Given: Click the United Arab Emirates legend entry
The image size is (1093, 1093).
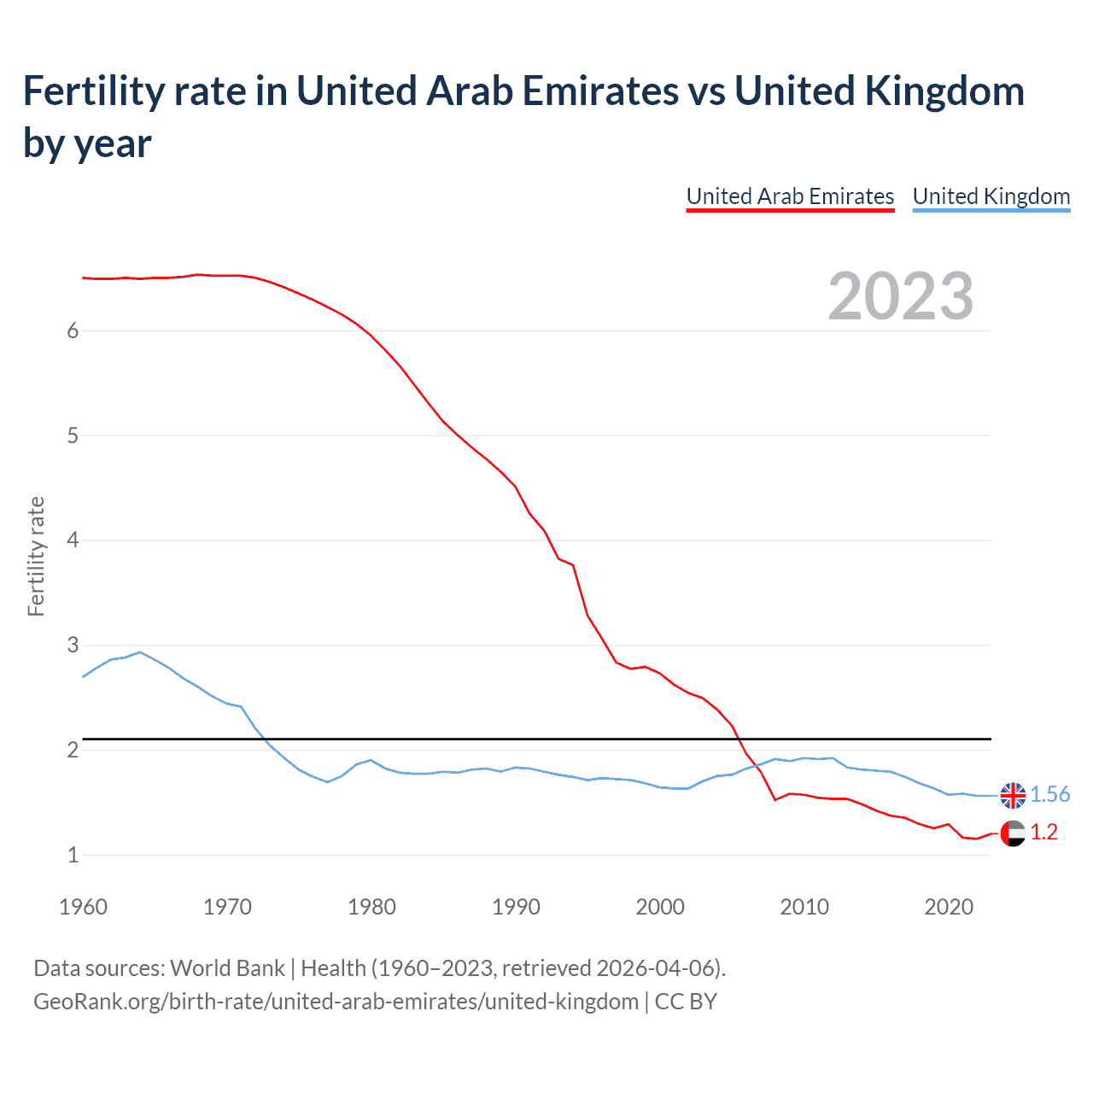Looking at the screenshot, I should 790,196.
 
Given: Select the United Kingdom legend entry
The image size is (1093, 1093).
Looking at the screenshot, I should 991,196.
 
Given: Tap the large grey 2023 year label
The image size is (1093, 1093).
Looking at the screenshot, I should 901,296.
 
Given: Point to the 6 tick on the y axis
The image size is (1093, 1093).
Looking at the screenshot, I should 73,331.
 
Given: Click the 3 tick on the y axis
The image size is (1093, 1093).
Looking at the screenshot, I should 73,646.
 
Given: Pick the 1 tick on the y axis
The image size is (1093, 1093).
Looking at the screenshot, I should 73,855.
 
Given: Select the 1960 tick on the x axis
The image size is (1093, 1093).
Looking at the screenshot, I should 83,907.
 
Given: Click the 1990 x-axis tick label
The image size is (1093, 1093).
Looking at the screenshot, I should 516,907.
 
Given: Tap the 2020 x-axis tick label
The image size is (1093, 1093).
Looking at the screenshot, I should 949,907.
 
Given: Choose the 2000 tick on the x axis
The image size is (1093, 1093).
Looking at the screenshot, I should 660,907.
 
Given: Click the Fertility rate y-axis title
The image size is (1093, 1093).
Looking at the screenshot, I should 36,556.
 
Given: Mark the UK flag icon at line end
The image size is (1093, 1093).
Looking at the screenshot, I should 1013,795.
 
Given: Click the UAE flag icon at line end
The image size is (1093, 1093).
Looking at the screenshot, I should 1013,833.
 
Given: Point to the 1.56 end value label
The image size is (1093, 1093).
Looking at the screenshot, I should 1049,795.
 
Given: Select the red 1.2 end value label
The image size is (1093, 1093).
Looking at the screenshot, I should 1043,833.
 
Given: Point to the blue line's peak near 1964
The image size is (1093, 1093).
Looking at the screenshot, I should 140,652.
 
